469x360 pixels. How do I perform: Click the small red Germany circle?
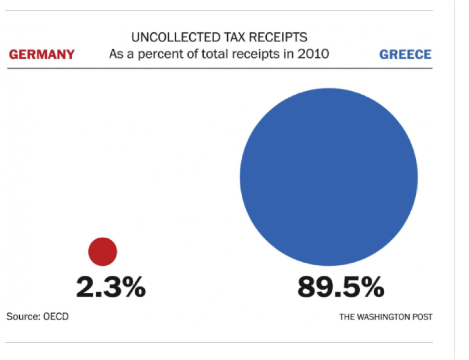[102, 252]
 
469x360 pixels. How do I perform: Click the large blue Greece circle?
[329, 177]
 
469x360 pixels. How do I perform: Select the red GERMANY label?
[42, 55]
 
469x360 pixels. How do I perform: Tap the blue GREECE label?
[405, 55]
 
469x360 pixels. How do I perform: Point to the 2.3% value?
[111, 287]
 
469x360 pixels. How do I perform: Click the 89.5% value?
[341, 287]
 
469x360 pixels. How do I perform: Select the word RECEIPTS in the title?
[276, 38]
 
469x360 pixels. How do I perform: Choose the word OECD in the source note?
[55, 316]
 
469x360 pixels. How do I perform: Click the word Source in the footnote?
[23, 316]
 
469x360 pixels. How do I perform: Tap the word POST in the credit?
[423, 316]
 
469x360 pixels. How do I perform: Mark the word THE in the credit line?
[347, 316]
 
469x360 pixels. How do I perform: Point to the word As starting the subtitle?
[115, 54]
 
